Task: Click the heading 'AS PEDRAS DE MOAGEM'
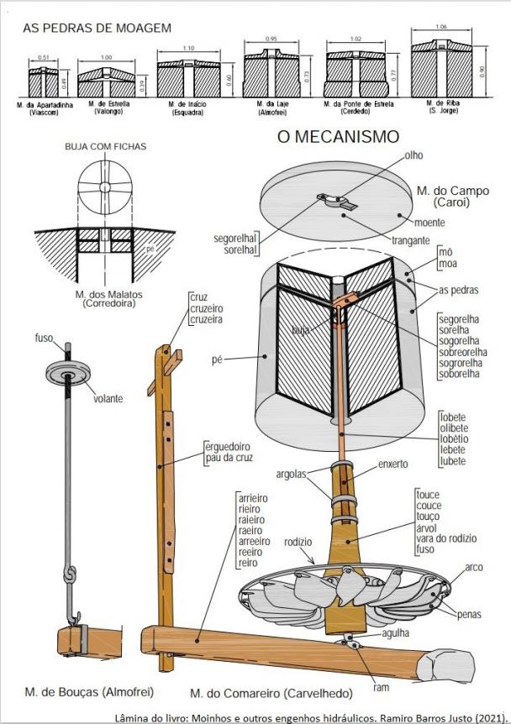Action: [x=97, y=29]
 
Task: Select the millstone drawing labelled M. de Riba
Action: [x=442, y=72]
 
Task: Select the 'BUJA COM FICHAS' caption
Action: [x=105, y=146]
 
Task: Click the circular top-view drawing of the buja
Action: [x=105, y=186]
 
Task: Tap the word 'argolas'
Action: [x=292, y=476]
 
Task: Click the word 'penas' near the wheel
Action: [x=469, y=615]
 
